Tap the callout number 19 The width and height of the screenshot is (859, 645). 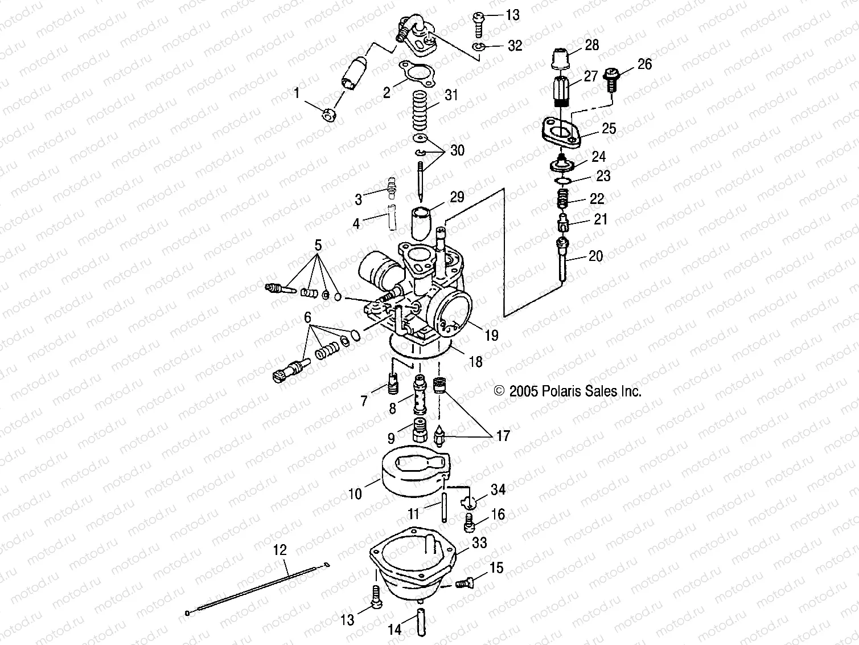coord(491,335)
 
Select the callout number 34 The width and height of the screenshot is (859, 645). coord(498,489)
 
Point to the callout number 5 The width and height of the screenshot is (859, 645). coord(318,246)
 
